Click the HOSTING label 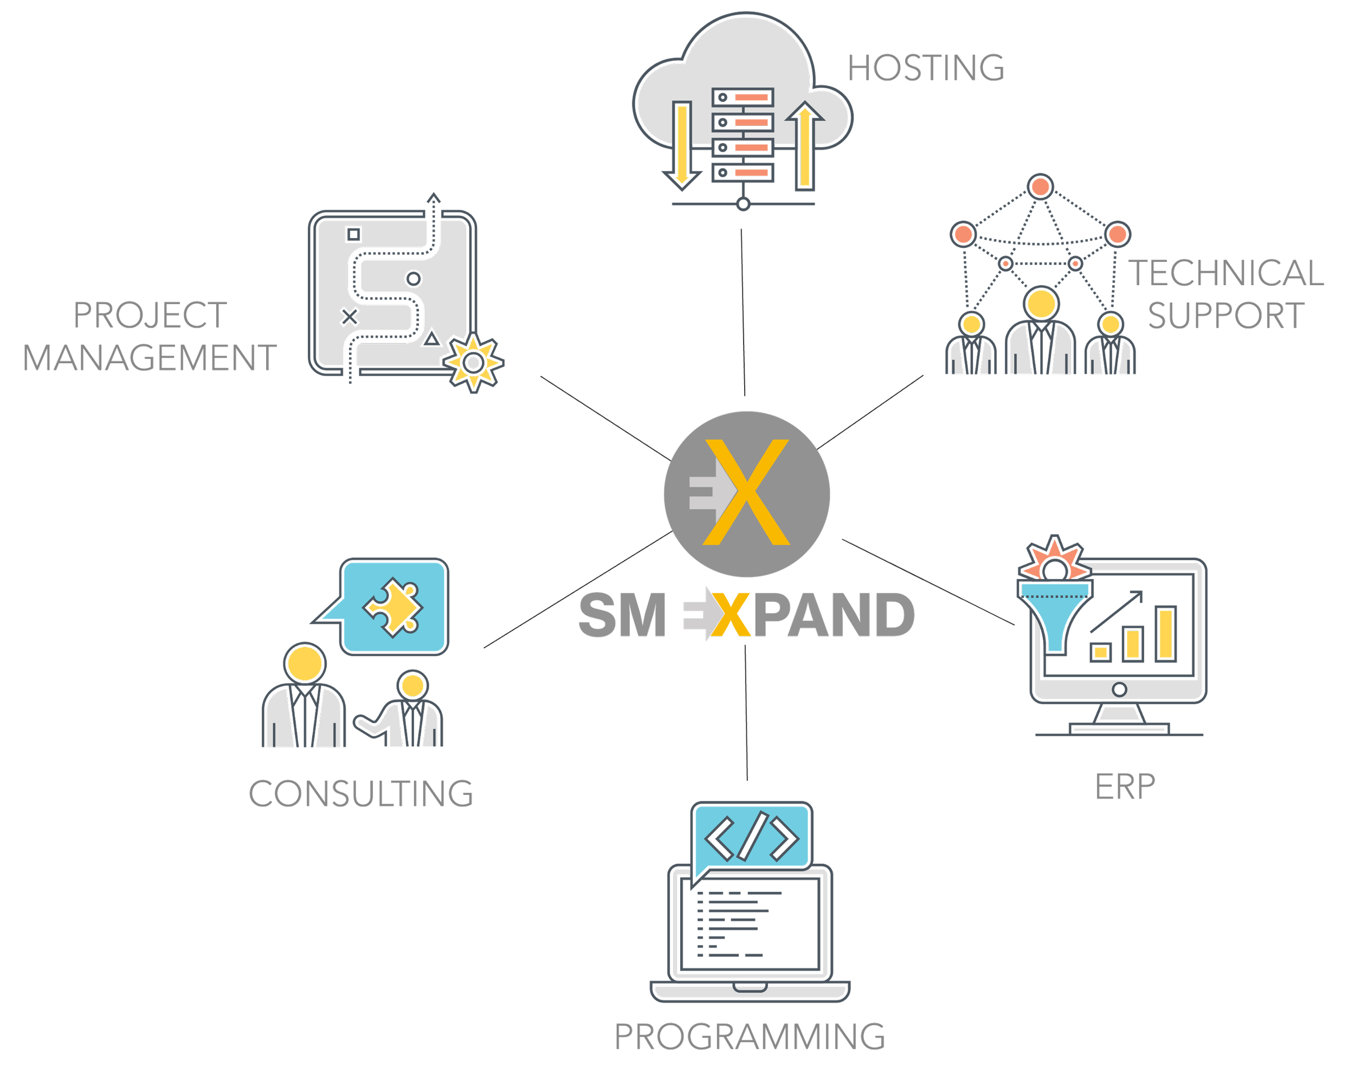[925, 68]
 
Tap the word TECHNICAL [1226, 273]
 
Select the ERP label [1124, 787]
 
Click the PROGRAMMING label [749, 1037]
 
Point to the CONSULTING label [361, 793]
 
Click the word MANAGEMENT [150, 358]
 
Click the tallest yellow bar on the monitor [1165, 634]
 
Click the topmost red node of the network [1040, 187]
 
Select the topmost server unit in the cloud [743, 98]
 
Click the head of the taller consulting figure [304, 664]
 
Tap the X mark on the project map [349, 317]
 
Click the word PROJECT [150, 315]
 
